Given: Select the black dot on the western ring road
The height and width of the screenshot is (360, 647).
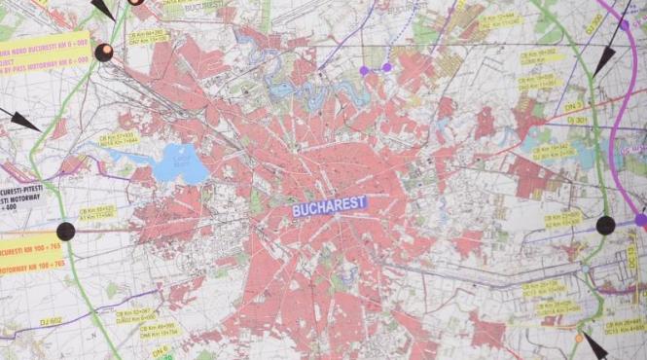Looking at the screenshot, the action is (x=65, y=231).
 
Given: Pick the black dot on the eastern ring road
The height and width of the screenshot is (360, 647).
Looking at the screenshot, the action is (x=605, y=226).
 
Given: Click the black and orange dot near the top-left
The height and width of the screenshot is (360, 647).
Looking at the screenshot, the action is (x=103, y=53).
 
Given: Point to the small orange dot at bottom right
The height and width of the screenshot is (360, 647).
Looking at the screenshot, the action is (x=579, y=338).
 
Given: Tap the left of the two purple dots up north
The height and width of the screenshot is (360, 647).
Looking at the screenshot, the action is (x=365, y=70).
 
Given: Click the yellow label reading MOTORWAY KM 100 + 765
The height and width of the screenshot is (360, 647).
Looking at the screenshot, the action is (x=27, y=262).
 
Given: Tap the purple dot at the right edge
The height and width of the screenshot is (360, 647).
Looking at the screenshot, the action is (x=640, y=220).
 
